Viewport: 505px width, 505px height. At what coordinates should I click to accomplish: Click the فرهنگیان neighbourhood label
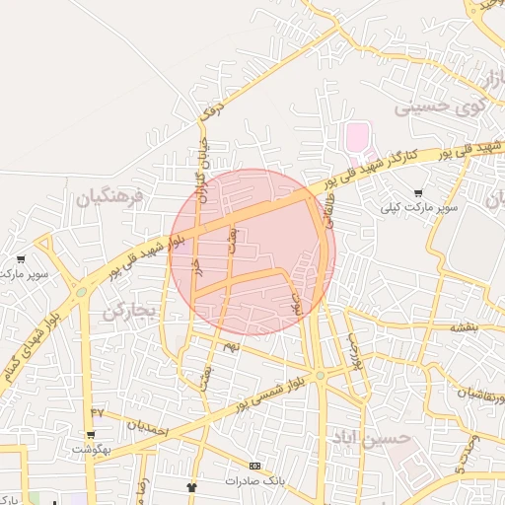[x=110, y=196]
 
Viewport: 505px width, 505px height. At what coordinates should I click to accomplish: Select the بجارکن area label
[x=129, y=312]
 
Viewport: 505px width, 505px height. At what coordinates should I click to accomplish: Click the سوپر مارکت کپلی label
[x=422, y=209]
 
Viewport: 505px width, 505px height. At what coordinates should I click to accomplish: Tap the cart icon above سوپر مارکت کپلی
[x=419, y=193]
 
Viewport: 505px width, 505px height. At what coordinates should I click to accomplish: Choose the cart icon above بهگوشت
[x=91, y=434]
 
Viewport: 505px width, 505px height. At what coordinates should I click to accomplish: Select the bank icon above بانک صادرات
[x=255, y=466]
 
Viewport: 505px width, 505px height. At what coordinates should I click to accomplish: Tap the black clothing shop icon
[x=192, y=487]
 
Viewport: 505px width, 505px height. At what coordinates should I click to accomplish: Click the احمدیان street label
[x=147, y=428]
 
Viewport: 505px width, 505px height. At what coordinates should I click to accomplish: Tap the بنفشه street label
[x=464, y=326]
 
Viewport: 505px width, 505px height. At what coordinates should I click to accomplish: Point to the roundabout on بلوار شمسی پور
[x=321, y=375]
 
